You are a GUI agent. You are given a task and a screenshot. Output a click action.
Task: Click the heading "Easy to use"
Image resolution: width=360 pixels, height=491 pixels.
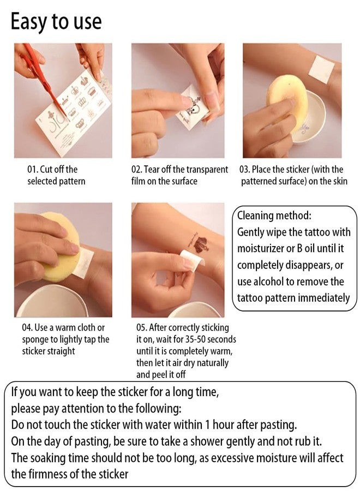coord(56,22)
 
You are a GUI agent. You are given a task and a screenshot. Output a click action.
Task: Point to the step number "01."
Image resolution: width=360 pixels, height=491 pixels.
coord(32,170)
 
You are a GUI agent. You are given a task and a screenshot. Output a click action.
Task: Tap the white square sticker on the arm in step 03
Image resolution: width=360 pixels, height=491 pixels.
coord(321,70)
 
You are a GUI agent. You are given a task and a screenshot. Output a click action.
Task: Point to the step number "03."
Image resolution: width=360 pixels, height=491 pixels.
coord(244,170)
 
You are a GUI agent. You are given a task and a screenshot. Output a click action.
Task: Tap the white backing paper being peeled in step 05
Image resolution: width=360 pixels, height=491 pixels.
coord(191,259)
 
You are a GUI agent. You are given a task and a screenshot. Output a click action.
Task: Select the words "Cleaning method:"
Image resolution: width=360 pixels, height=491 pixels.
coord(274,215)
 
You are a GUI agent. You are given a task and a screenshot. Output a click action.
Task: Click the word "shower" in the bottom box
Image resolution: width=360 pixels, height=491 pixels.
coord(207,441)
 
